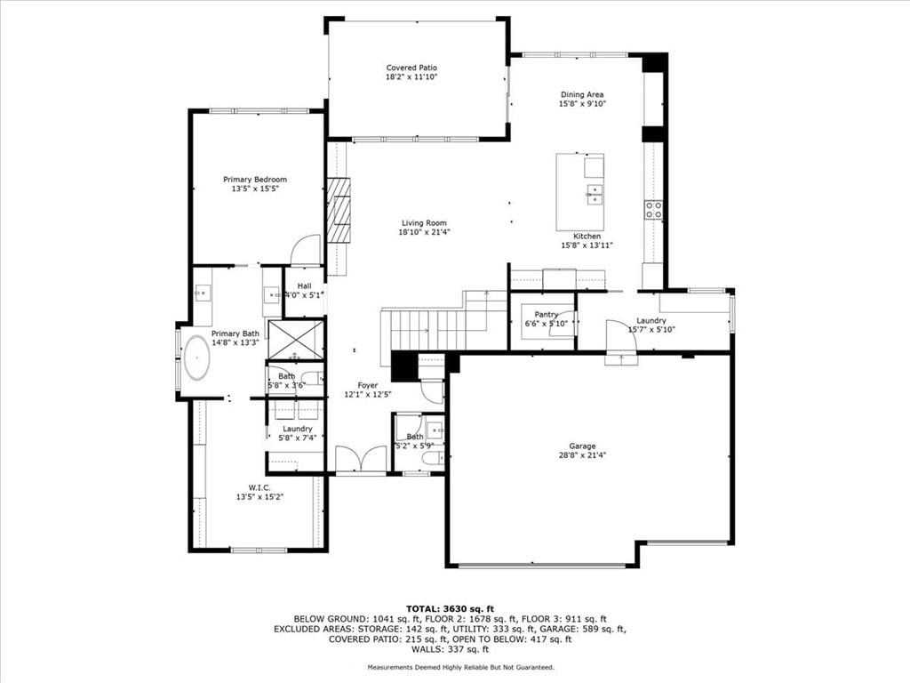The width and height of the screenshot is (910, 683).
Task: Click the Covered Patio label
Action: click(411, 68)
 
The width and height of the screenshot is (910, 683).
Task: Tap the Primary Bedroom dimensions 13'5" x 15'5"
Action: click(255, 189)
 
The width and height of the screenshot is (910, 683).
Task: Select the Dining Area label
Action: click(582, 94)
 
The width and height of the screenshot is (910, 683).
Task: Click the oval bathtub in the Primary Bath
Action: click(196, 358)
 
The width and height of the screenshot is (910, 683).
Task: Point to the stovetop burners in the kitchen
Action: click(654, 210)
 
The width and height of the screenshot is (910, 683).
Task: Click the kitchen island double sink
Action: click(595, 194)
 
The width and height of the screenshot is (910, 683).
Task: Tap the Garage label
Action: click(582, 446)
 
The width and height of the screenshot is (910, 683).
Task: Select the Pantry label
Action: click(547, 314)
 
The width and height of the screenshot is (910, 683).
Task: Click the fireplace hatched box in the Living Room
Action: click(339, 210)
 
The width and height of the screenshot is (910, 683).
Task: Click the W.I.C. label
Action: click(259, 488)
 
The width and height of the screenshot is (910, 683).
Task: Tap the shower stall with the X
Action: click(296, 340)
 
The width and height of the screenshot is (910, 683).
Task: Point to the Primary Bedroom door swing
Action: click(306, 250)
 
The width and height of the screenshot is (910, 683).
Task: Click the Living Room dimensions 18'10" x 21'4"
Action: click(424, 232)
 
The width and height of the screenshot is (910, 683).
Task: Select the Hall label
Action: click(304, 285)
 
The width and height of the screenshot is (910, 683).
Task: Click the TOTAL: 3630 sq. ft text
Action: click(450, 609)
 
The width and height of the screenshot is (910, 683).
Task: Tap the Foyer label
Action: click(367, 385)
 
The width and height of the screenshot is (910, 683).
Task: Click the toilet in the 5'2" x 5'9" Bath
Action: click(432, 459)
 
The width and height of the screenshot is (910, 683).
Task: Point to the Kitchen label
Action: click(587, 237)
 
